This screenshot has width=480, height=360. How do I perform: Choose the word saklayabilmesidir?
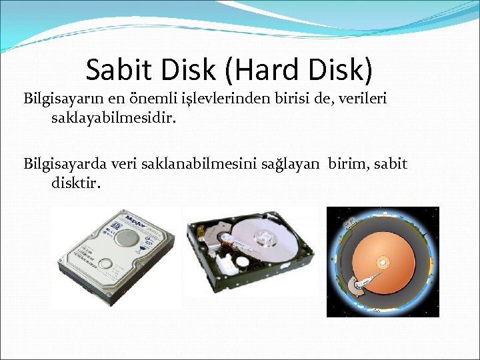click(x=110, y=118)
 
